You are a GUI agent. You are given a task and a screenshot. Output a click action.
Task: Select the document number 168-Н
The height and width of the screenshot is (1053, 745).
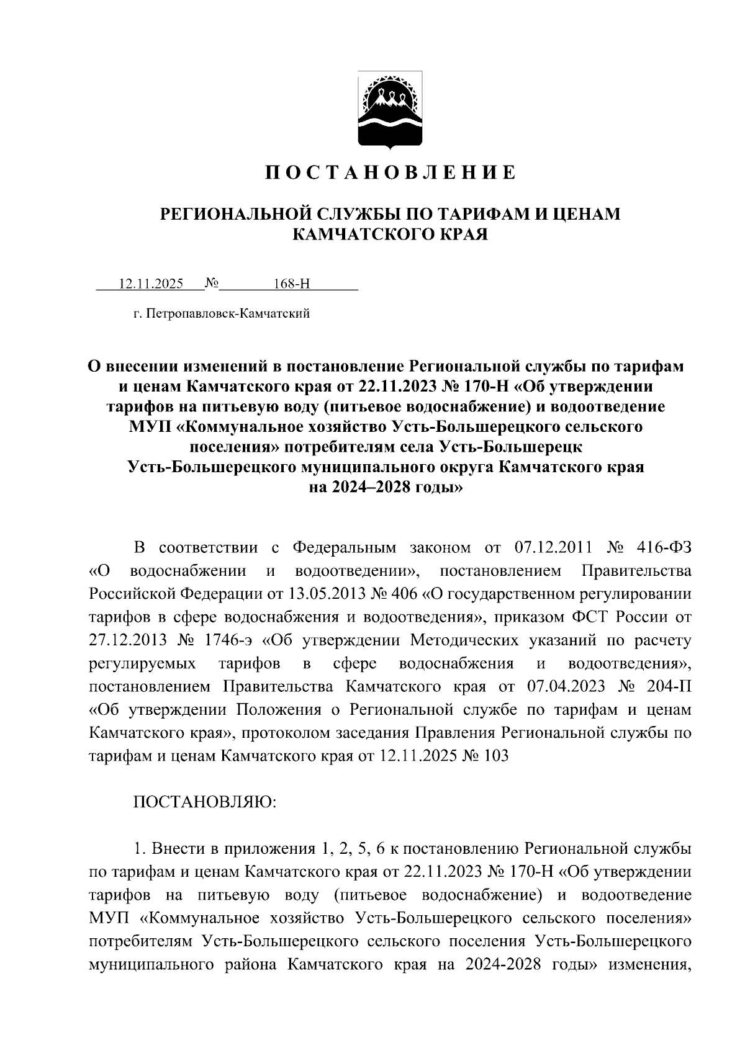291,284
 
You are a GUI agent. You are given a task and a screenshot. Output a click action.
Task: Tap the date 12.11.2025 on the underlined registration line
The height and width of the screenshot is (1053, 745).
151,284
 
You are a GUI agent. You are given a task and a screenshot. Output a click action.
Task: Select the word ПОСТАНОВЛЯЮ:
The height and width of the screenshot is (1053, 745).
205,802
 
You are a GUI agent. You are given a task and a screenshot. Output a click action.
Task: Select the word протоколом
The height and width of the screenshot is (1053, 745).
286,733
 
